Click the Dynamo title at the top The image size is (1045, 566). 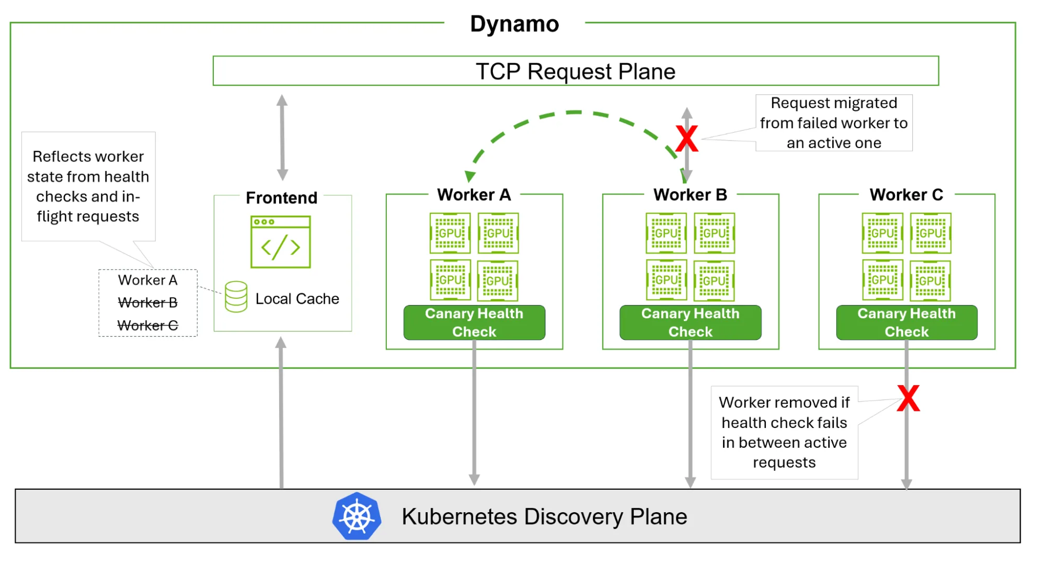(514, 24)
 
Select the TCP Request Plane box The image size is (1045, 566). (575, 71)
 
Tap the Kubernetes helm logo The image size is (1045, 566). (357, 516)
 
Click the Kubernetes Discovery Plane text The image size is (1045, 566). (544, 516)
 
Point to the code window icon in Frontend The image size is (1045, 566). (281, 242)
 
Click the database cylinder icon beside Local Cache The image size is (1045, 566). (236, 297)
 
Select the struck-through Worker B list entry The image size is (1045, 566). (147, 303)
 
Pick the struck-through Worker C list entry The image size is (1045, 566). (147, 326)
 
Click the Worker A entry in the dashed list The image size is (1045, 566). (147, 280)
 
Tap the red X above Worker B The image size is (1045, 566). (686, 138)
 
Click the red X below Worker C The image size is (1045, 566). (908, 399)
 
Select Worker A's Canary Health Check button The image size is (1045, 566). (474, 322)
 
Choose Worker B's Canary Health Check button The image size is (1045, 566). (690, 322)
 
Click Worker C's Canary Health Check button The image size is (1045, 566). (906, 322)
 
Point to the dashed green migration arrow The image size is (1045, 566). (574, 112)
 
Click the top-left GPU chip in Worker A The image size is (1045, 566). (450, 233)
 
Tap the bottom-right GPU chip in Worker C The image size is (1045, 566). (931, 281)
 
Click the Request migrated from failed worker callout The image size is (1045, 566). (834, 123)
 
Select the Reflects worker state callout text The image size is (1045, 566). (88, 186)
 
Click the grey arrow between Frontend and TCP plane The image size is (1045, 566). (282, 137)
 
